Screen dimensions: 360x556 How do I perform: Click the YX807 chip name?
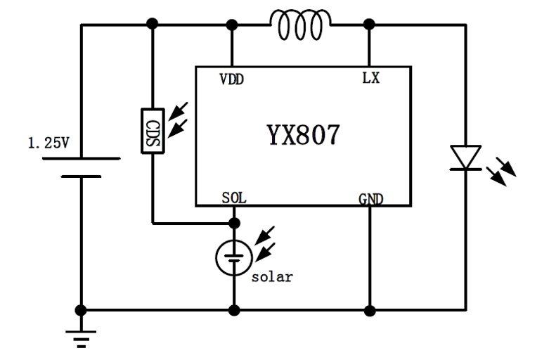point(302,135)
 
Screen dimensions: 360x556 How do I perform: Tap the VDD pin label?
point(231,79)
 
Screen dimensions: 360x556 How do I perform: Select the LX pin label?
point(370,79)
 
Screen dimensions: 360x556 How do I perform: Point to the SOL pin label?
point(233,198)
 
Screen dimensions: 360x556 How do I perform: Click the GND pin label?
point(370,199)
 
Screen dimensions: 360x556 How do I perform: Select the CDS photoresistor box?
point(153,129)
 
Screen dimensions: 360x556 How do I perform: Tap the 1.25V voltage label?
point(49,144)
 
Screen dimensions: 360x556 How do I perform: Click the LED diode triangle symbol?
point(465,157)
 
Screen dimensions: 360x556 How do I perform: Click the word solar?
point(271,276)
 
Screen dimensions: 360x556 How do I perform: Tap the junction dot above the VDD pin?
point(232,25)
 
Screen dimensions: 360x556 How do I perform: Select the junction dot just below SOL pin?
point(233,224)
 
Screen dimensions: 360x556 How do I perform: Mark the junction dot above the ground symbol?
point(82,309)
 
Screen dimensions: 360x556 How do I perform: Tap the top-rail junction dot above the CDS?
point(152,25)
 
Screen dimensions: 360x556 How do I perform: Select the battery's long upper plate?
point(82,158)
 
